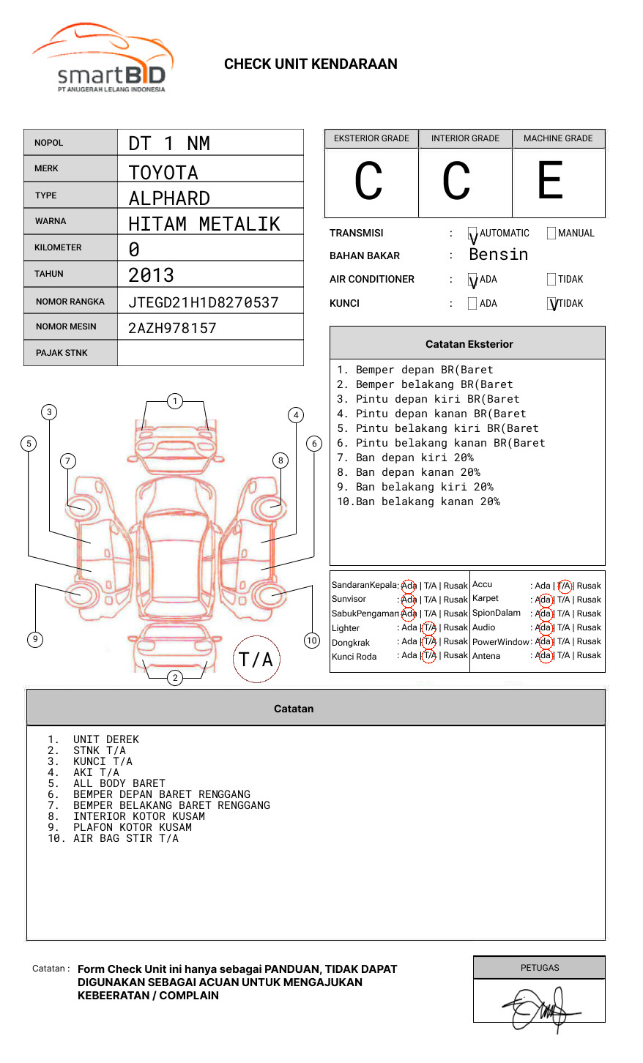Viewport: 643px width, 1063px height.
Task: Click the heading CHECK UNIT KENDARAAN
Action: coord(311,64)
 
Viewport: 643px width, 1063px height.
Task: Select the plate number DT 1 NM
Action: coord(169,143)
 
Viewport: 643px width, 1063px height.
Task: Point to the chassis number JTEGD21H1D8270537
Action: coord(204,302)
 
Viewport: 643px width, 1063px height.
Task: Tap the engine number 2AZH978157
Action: coord(172,328)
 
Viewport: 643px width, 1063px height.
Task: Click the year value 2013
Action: coord(151,275)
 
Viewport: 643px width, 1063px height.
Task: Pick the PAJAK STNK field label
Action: coord(62,353)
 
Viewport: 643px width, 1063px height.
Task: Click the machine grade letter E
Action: coord(551,181)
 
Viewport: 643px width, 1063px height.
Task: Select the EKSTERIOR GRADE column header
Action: coord(371,138)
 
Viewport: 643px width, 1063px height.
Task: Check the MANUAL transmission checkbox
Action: coord(551,234)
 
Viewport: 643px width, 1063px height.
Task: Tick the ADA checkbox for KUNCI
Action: coord(472,303)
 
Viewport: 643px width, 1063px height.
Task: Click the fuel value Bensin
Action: coord(498,255)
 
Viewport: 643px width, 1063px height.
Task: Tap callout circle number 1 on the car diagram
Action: coord(174,401)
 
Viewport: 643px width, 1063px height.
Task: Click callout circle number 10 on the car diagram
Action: coord(312,641)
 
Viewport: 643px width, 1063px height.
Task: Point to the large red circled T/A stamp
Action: coord(256,659)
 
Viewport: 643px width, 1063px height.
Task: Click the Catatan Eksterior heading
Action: coord(469,344)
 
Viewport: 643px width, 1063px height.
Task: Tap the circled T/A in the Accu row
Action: coord(564,586)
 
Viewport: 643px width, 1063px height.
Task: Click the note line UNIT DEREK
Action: coord(106,739)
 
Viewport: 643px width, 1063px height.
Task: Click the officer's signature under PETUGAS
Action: coord(540,1008)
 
